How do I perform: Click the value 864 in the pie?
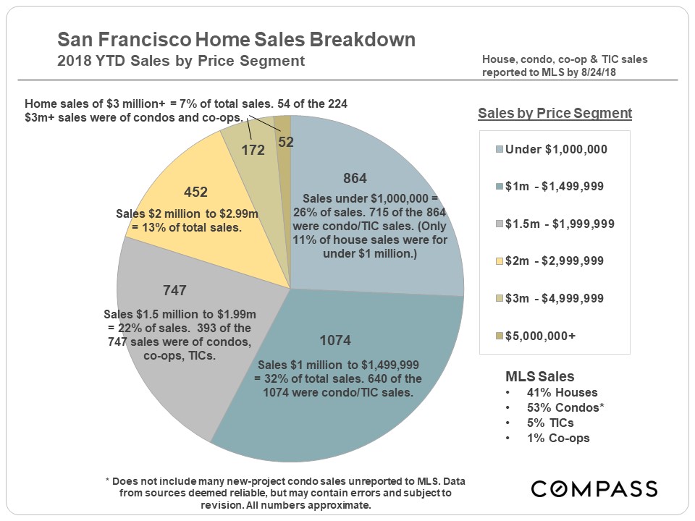[x=355, y=178]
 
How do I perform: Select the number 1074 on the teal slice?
[x=334, y=341]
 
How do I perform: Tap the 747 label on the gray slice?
[x=175, y=291]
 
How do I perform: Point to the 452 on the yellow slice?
[x=196, y=192]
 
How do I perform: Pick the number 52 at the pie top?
[x=286, y=143]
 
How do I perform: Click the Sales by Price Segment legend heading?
[x=555, y=114]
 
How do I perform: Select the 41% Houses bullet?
[x=552, y=393]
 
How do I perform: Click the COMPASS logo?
[x=594, y=488]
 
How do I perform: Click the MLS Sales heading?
[x=539, y=376]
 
